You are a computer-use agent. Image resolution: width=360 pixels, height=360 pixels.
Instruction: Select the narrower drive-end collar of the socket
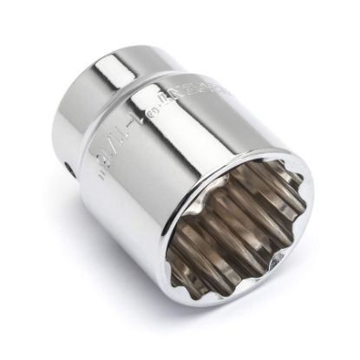[130, 65]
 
